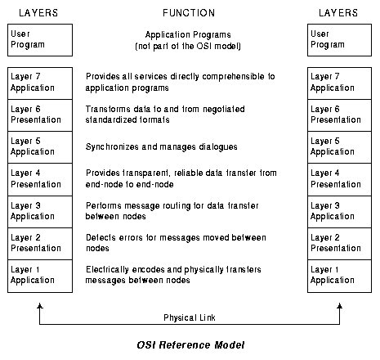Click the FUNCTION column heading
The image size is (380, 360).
point(189,13)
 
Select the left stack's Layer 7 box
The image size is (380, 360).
point(40,83)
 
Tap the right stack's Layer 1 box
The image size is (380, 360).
point(339,276)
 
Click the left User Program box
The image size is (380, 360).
point(40,40)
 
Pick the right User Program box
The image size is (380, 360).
point(339,40)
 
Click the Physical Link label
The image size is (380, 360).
point(190,317)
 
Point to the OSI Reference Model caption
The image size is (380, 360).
point(190,345)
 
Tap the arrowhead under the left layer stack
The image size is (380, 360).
point(40,305)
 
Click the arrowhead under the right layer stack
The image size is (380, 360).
point(339,305)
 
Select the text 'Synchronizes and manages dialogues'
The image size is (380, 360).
point(161,147)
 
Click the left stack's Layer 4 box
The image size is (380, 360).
point(40,179)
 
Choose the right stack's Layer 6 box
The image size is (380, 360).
point(339,115)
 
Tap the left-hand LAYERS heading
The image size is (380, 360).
point(38,13)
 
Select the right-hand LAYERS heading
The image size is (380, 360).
point(338,13)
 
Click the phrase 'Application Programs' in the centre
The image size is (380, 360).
point(188,35)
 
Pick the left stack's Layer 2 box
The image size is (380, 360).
point(40,244)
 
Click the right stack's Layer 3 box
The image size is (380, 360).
point(339,212)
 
